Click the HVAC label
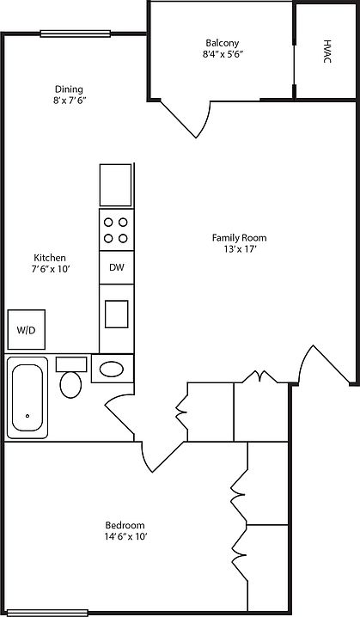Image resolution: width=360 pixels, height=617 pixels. coord(327,52)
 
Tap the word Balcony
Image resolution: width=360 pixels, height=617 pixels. coord(222,43)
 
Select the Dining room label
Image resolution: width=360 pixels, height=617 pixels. coord(69,89)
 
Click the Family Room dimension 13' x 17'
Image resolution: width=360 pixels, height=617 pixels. coord(239,248)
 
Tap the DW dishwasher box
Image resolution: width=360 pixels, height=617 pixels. coord(117,267)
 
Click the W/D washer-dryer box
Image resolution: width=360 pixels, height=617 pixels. coord(27,330)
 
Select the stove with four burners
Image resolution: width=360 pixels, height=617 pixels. coord(117,229)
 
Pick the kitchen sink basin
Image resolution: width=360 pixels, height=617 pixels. coord(117,314)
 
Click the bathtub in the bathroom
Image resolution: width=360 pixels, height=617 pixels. coord(27,397)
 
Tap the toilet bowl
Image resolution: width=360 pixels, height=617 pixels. coord(70,384)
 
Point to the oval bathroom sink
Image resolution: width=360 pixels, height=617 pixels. coord(113,370)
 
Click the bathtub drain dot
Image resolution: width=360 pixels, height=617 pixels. coord(27,416)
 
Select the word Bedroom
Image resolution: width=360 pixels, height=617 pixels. coord(125,525)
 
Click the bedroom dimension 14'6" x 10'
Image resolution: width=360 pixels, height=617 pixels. coord(125,536)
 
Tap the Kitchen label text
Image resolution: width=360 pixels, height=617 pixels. coord(50,258)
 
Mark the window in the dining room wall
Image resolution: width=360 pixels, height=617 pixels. coord(75,34)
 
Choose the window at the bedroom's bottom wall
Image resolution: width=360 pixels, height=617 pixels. coord(47,613)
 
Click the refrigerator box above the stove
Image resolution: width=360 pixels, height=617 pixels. coord(115,185)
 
